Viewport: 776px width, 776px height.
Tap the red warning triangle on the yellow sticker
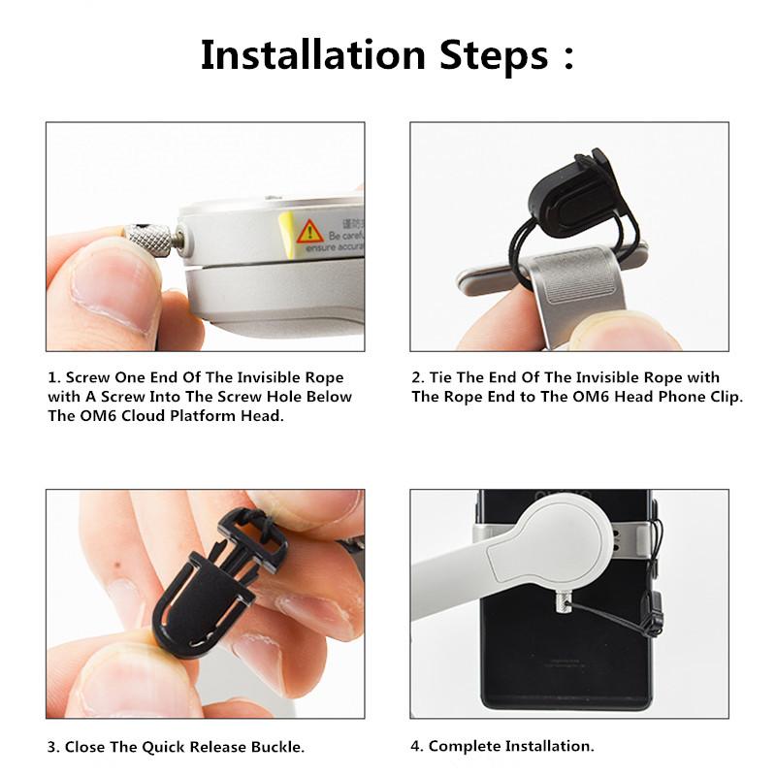[x=309, y=232]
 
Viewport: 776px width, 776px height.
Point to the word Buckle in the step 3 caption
[x=275, y=747]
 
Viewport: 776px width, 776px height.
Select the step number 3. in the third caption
[x=52, y=747]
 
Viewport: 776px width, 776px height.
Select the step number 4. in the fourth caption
[x=417, y=746]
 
